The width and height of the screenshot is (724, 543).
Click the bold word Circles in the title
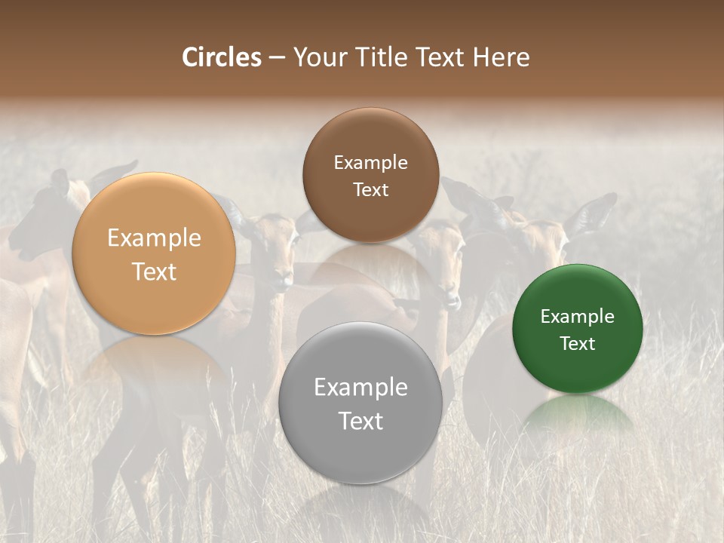[222, 57]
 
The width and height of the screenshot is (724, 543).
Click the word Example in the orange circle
[154, 238]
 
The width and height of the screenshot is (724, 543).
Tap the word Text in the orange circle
[154, 271]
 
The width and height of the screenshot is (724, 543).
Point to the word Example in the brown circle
[370, 163]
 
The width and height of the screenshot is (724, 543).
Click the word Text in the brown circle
[370, 189]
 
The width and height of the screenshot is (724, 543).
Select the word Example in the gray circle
[360, 388]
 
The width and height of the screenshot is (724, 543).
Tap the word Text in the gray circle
[360, 421]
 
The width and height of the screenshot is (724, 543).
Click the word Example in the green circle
[578, 317]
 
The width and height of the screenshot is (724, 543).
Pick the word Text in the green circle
[578, 344]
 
